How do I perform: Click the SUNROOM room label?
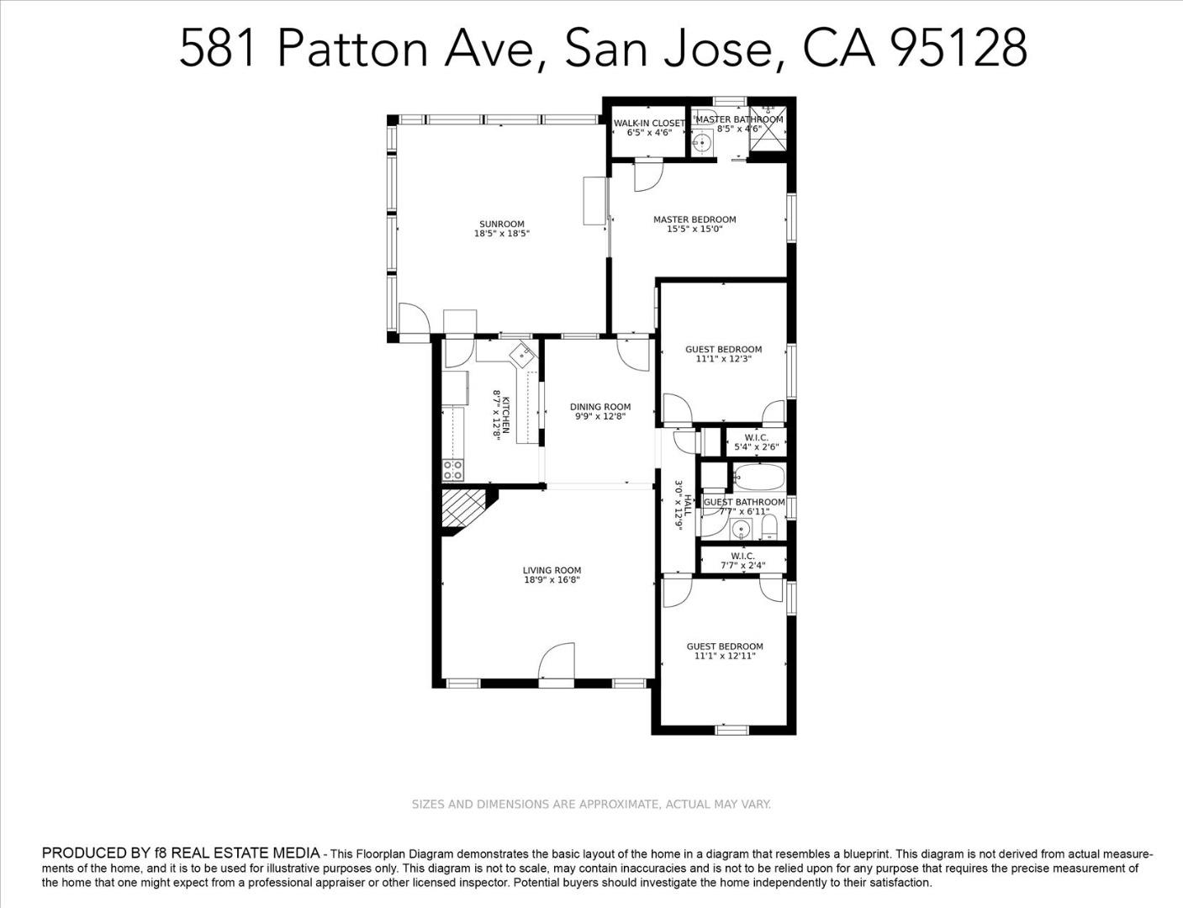coord(501,224)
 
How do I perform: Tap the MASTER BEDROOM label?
coord(694,219)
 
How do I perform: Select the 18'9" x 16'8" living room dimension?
coord(552,580)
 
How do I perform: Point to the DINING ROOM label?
coord(600,407)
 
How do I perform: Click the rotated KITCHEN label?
coord(506,415)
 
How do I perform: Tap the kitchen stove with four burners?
coord(453,470)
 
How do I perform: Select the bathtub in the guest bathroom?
coord(759,478)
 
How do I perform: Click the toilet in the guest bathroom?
coord(768,527)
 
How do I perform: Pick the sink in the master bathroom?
coord(702,143)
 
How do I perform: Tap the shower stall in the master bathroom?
coord(768,129)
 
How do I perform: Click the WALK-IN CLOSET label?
coord(649,124)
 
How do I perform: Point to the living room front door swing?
coord(557,661)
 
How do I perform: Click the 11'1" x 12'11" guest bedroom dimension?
coord(725,656)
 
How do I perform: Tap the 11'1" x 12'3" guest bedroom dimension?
coord(724,359)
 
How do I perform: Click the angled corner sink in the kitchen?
coord(523,355)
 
